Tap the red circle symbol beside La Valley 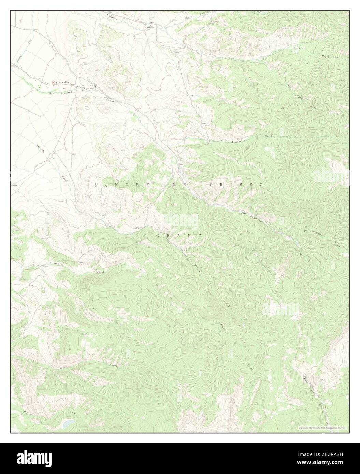(54, 82)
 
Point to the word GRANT (179, 236)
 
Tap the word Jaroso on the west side (60, 264)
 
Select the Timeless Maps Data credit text (322, 428)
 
